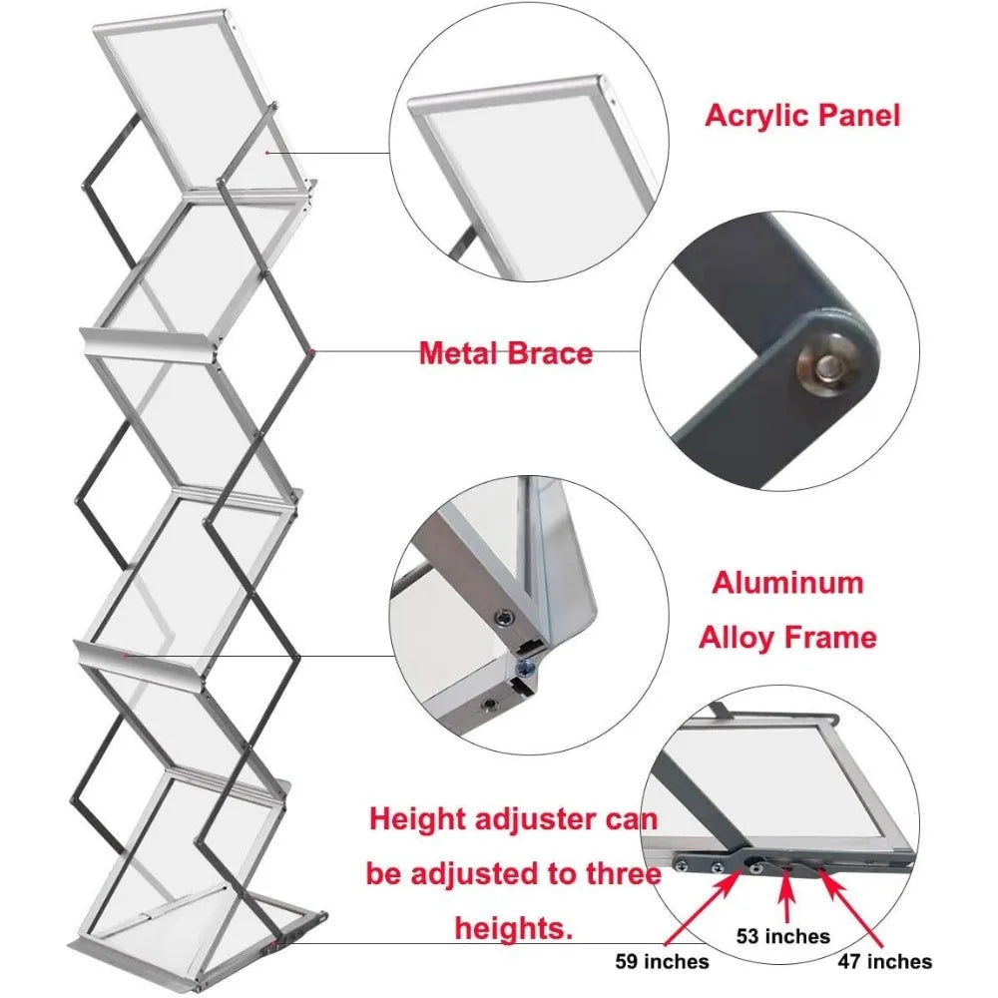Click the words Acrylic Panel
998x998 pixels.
point(801,115)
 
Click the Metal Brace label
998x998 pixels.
point(505,352)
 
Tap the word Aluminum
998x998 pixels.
point(787,582)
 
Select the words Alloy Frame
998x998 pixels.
point(787,636)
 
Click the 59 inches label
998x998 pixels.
point(662,961)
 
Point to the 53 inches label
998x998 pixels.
point(782,935)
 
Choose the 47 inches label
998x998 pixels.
point(885,961)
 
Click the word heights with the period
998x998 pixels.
point(514,928)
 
